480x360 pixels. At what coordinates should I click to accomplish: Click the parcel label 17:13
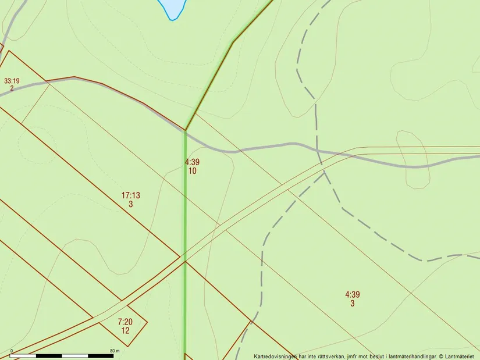pos(130,195)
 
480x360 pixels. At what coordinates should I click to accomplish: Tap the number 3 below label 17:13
pos(130,204)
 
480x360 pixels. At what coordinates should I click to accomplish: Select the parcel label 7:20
pos(125,322)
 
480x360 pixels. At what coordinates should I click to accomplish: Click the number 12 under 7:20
pos(125,330)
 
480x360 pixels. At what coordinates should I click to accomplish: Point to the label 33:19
pos(12,81)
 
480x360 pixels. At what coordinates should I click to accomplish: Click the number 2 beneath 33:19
pos(12,88)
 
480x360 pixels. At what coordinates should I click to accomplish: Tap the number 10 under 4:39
pos(192,171)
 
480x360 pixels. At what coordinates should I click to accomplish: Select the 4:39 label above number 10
pos(192,162)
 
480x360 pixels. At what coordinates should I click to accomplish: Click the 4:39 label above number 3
pos(352,294)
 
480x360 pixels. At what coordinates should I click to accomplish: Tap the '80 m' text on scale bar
pos(114,351)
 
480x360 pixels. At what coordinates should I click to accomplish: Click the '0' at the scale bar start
pos(12,351)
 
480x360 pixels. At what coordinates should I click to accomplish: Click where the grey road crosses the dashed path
pos(317,151)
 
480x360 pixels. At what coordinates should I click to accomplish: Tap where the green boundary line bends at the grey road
pos(185,130)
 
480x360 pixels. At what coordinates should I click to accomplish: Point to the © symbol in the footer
pos(442,356)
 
